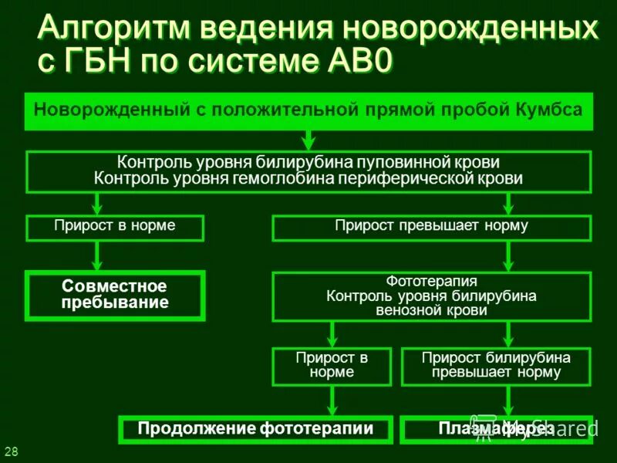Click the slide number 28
pyautogui.click(x=12, y=451)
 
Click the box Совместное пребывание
pyautogui.click(x=115, y=295)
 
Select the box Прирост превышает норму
pyautogui.click(x=431, y=228)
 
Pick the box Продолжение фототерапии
pyautogui.click(x=255, y=429)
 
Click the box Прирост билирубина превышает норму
pyautogui.click(x=496, y=365)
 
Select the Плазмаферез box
pyautogui.click(x=496, y=429)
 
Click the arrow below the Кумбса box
pyautogui.click(x=308, y=140)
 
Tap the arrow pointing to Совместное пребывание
pyautogui.click(x=98, y=255)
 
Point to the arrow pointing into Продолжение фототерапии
pyautogui.click(x=332, y=400)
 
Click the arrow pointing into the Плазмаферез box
pyautogui.click(x=507, y=400)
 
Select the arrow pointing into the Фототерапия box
pyautogui.click(x=507, y=255)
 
